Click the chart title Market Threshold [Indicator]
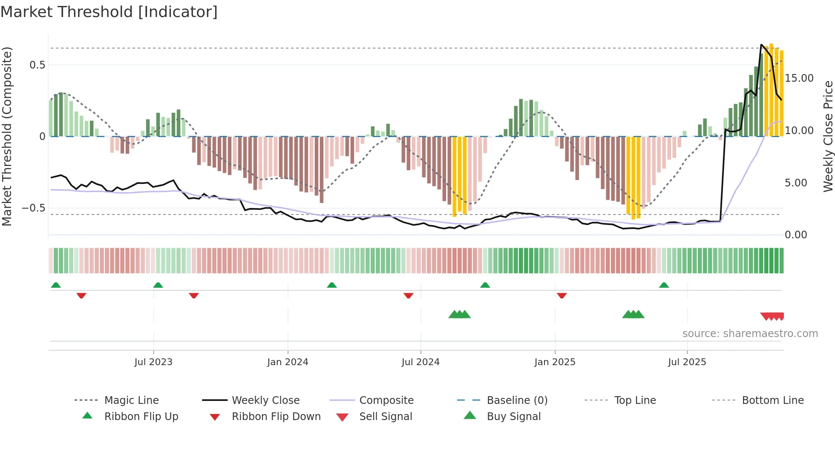point(109,12)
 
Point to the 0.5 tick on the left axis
point(37,65)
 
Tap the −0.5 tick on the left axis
point(34,208)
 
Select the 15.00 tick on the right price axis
point(799,78)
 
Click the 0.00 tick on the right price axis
point(795,235)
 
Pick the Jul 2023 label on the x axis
point(153,362)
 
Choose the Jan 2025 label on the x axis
point(555,362)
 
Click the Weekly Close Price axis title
point(828,136)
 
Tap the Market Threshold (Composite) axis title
point(7,136)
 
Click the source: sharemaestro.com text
point(750,334)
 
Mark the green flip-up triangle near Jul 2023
point(158,285)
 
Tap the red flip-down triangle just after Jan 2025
point(561,295)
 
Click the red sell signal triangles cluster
point(772,316)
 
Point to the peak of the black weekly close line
point(761,44)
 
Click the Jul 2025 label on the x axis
point(687,362)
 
